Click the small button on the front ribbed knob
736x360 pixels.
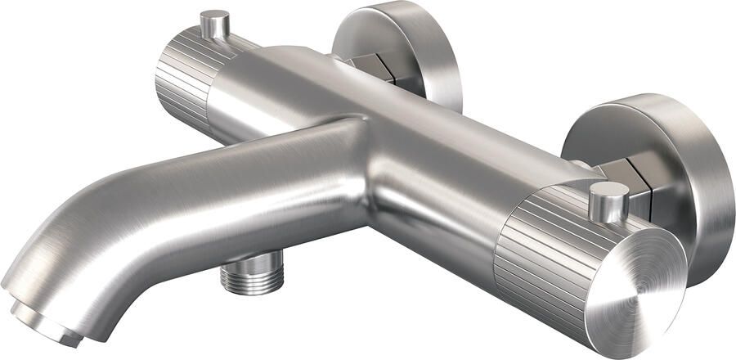608,203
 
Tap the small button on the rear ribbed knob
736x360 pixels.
215,25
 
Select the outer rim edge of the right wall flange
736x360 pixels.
720,188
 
